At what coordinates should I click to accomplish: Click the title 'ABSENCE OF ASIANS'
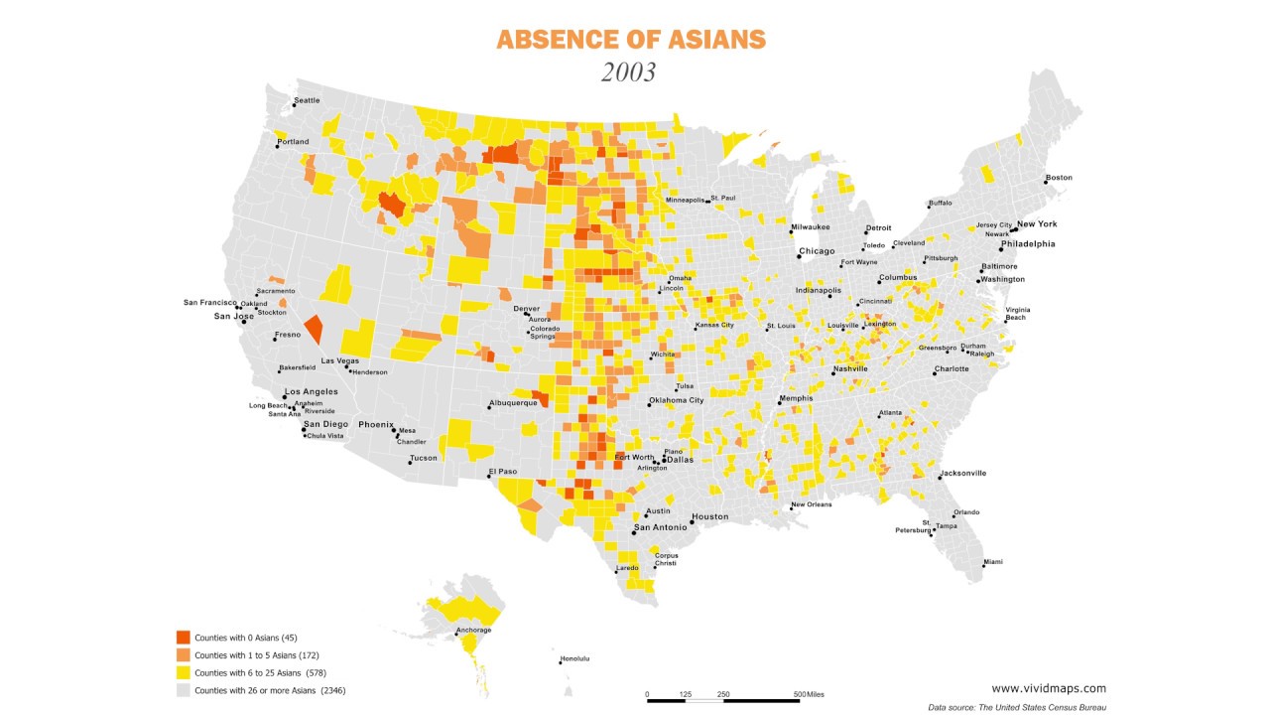pyautogui.click(x=631, y=40)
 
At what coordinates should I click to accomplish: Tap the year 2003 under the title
pyautogui.click(x=629, y=72)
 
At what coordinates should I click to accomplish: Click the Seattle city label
pyautogui.click(x=307, y=100)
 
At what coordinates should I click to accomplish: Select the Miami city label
pyautogui.click(x=992, y=562)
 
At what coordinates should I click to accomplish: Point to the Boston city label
pyautogui.click(x=1059, y=178)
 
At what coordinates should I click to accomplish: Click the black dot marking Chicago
pyautogui.click(x=799, y=257)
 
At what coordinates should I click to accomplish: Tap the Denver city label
pyautogui.click(x=526, y=308)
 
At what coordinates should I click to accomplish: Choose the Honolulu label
pyautogui.click(x=575, y=658)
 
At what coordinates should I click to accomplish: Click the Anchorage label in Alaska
pyautogui.click(x=473, y=630)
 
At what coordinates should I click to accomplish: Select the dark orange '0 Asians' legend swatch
pyautogui.click(x=183, y=637)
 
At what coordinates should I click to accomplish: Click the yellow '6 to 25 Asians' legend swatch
pyautogui.click(x=183, y=672)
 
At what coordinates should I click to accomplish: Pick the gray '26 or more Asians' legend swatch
pyautogui.click(x=183, y=690)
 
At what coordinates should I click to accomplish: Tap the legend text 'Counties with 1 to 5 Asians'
pyautogui.click(x=256, y=655)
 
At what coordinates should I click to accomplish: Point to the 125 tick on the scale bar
pyautogui.click(x=685, y=694)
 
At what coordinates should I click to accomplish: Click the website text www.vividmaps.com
pyautogui.click(x=1049, y=688)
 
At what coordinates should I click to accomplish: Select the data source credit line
pyautogui.click(x=1017, y=707)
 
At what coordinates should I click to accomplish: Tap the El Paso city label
pyautogui.click(x=502, y=471)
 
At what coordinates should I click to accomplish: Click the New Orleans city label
pyautogui.click(x=811, y=504)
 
